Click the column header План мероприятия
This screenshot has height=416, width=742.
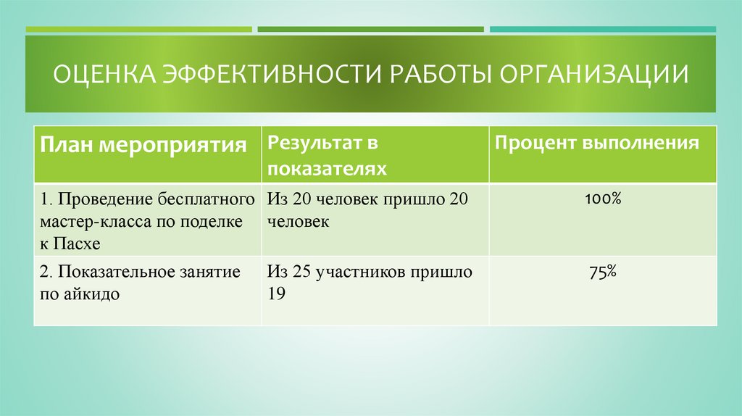point(143,144)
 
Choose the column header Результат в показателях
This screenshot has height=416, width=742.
point(326,155)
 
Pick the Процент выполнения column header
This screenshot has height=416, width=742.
point(597,142)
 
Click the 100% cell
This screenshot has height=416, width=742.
point(602,198)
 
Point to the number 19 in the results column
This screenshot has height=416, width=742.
point(276,294)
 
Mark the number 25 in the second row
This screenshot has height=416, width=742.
point(304,273)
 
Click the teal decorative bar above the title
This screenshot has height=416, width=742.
point(602,30)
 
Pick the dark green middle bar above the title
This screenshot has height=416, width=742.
point(370,30)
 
